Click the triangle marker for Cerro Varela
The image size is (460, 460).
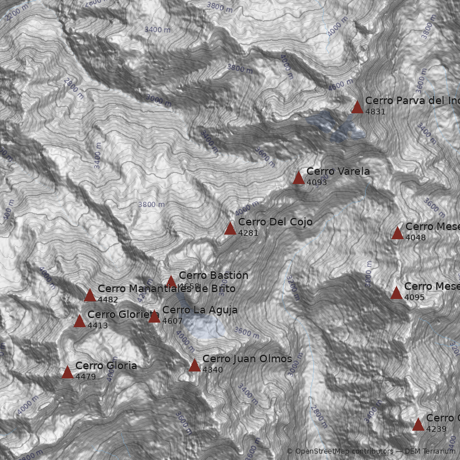click(x=298, y=178)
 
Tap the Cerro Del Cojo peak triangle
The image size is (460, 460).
click(x=230, y=228)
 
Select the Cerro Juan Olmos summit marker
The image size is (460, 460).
click(x=194, y=365)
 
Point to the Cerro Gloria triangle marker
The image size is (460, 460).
click(x=67, y=372)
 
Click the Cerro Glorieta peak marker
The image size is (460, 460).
click(x=79, y=321)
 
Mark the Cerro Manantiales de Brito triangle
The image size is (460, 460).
click(x=90, y=295)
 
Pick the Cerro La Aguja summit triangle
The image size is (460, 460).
click(x=154, y=316)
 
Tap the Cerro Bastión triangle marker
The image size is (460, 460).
click(x=171, y=282)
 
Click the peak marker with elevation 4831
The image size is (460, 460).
click(x=357, y=107)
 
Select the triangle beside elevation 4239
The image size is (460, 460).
click(x=418, y=424)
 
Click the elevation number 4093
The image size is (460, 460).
click(x=316, y=182)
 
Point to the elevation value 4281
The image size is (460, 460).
click(x=248, y=233)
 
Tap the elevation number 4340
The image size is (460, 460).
click(x=212, y=370)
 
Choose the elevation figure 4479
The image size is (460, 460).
click(x=85, y=377)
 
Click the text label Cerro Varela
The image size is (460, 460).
click(x=338, y=171)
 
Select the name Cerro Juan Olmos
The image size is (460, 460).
click(x=247, y=359)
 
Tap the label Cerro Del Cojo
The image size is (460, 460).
click(x=275, y=222)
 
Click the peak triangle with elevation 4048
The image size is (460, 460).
click(x=397, y=233)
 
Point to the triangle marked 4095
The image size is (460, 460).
click(x=396, y=293)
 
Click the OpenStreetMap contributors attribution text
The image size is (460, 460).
click(x=340, y=451)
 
